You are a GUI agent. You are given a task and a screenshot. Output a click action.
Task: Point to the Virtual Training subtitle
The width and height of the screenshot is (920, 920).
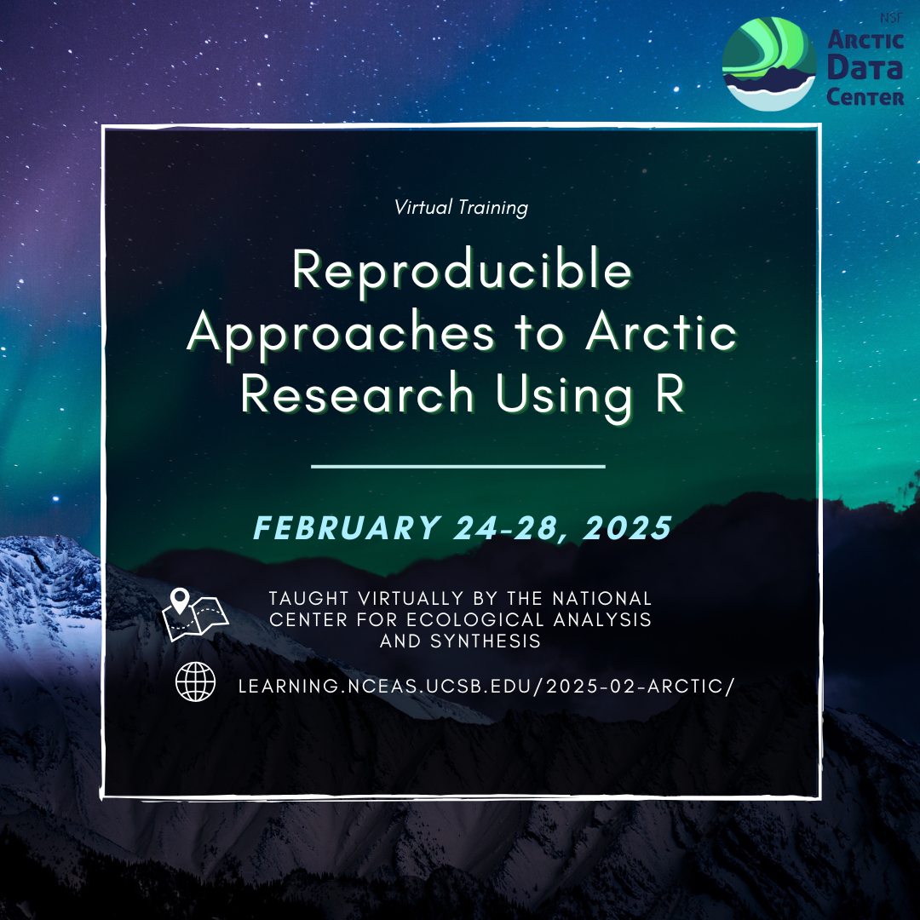461,207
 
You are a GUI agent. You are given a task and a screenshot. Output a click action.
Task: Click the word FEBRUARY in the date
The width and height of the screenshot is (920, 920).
348,527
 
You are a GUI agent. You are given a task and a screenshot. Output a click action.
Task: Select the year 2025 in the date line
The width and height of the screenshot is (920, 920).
627,527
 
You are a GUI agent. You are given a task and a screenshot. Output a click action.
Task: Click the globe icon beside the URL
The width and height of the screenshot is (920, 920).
195,681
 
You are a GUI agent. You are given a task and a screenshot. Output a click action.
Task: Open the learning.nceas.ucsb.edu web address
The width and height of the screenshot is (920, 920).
486,686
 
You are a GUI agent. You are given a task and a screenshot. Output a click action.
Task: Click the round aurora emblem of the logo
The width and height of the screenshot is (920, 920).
768,64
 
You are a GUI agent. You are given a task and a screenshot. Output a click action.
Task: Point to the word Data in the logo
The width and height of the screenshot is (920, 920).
865,67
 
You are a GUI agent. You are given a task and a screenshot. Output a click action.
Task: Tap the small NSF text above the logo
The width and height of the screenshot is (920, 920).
891,18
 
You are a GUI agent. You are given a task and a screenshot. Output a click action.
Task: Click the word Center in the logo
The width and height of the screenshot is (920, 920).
865,96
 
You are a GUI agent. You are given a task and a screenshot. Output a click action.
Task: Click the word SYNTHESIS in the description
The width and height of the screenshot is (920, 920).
486,641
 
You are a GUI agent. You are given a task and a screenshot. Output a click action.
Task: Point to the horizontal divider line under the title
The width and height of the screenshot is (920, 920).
457,467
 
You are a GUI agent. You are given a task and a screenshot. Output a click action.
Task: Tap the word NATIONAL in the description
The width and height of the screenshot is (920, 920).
602,599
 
